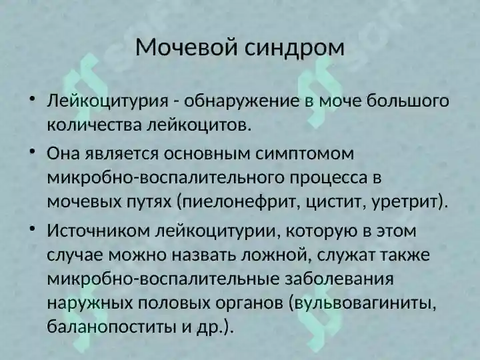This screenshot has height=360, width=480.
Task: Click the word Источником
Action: (97, 231)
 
